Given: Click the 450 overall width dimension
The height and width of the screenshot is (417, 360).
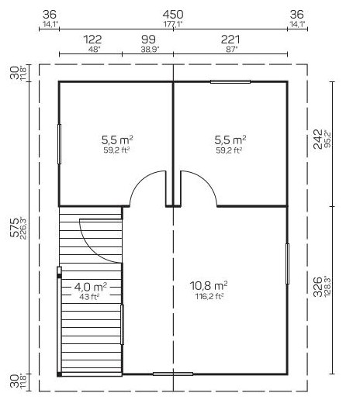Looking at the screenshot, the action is [173, 14].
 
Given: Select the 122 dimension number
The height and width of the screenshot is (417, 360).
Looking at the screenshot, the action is [92, 40].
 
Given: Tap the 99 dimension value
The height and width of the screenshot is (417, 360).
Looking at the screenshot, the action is [148, 40].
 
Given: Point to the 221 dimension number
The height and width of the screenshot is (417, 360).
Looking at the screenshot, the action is [230, 40].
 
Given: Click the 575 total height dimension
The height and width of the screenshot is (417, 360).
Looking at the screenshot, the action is [15, 227].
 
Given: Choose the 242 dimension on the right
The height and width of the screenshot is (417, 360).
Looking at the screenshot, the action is [317, 139].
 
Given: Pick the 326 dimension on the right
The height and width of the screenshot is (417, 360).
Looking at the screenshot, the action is [317, 287].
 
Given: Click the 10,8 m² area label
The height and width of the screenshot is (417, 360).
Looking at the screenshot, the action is [209, 286].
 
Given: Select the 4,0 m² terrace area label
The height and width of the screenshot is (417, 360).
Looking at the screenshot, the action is [91, 287].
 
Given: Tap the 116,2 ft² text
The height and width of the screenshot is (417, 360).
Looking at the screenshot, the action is [209, 296].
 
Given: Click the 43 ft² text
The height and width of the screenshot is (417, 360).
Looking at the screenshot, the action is [89, 297].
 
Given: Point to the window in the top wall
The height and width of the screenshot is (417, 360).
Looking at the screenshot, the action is [230, 81].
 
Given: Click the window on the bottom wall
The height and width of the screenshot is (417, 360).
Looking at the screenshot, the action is [173, 374].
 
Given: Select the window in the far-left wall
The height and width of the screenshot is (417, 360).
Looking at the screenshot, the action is [60, 144].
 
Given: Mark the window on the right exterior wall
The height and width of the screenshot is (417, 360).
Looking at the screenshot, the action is [287, 264].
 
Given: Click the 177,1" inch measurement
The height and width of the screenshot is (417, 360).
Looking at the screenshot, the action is [173, 24].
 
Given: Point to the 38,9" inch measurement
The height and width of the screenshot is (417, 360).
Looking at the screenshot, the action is [150, 49].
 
